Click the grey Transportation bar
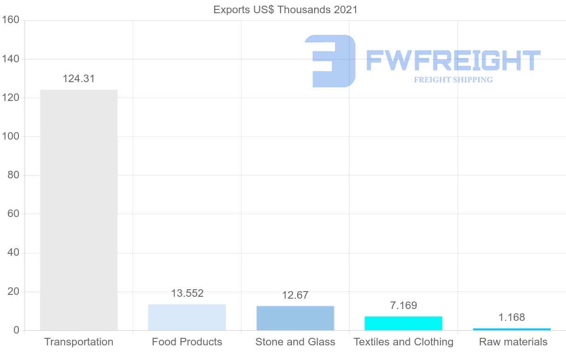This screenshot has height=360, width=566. pos(79,210)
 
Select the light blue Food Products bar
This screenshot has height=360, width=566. pos(187,317)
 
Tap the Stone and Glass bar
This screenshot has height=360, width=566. pos(295,318)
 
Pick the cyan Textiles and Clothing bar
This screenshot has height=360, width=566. pos(403,323)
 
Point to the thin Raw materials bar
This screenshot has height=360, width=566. pos(512,329)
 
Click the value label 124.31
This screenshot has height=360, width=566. pos(79,79)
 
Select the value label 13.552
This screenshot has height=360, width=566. pos(187,293)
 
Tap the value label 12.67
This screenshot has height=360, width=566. pos(295,295)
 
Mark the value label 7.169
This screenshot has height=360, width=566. pos(403,306)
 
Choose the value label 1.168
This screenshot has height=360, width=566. pos(512,318)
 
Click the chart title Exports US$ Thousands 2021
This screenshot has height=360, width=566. pos(285,9)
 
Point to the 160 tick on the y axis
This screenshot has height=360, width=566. pos(10,20)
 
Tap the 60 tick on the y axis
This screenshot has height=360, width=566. pos(13,214)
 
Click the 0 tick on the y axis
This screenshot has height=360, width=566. pos(16,330)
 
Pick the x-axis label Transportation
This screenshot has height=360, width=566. pos(79,342)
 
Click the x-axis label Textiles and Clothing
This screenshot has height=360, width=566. pos(403,342)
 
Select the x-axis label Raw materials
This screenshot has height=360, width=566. pos(513,342)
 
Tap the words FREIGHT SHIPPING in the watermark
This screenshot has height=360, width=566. pos(453,80)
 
